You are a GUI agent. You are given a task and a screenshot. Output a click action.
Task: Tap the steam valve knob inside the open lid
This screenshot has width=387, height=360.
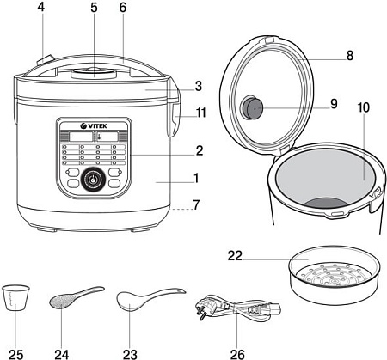click(252, 107)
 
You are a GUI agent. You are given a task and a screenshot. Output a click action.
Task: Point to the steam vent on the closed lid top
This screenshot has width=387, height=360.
click(94, 73)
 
